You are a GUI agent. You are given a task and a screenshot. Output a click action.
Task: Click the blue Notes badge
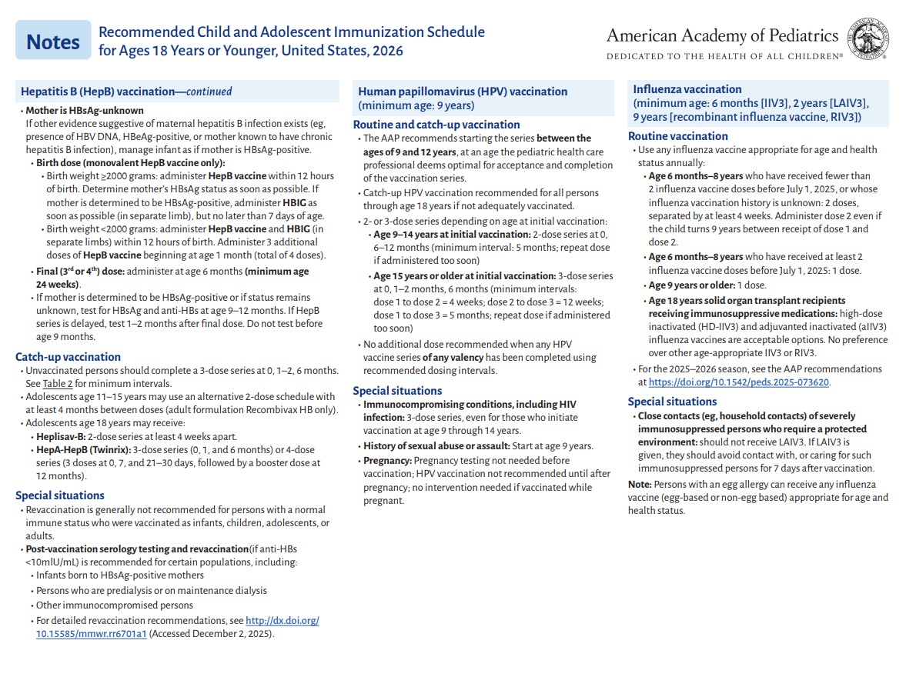pyautogui.click(x=52, y=42)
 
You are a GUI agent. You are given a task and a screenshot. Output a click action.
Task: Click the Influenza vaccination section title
pyautogui.click(x=687, y=89)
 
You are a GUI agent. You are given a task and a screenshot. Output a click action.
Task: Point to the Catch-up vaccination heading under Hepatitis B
pyautogui.click(x=68, y=357)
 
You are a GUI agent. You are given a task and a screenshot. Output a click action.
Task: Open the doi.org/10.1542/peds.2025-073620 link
pyautogui.click(x=739, y=382)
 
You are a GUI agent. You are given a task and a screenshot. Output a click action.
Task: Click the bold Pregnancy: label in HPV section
pyautogui.click(x=387, y=460)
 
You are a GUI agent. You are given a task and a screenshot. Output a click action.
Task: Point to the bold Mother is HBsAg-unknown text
pyautogui.click(x=84, y=110)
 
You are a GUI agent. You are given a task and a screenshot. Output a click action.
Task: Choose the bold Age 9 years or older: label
pyautogui.click(x=691, y=285)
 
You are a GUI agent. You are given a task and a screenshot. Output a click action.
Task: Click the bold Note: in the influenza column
pyautogui.click(x=639, y=484)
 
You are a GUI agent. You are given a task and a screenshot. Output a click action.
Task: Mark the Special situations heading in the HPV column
pyautogui.click(x=397, y=391)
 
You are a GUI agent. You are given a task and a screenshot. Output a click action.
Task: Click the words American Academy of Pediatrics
pyautogui.click(x=721, y=35)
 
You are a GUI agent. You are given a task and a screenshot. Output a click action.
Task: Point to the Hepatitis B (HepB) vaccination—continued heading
pyautogui.click(x=126, y=92)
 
